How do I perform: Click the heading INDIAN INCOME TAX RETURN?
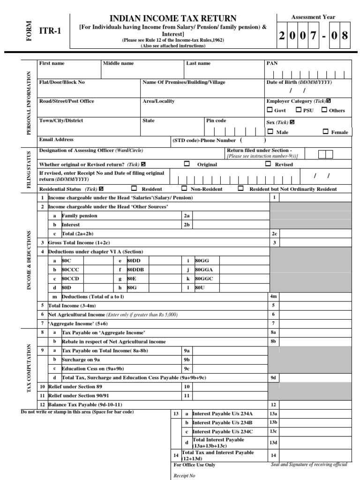[173, 18]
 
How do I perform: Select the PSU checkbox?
[299, 110]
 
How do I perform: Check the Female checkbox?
[325, 132]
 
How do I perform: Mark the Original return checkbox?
[187, 164]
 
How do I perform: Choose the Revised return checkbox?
[268, 164]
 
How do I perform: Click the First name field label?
[52, 63]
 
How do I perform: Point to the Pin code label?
[217, 120]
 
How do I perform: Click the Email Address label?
[56, 140]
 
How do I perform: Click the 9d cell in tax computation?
[273, 377]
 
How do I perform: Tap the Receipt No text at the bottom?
[184, 475]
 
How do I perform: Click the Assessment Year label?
[313, 17]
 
